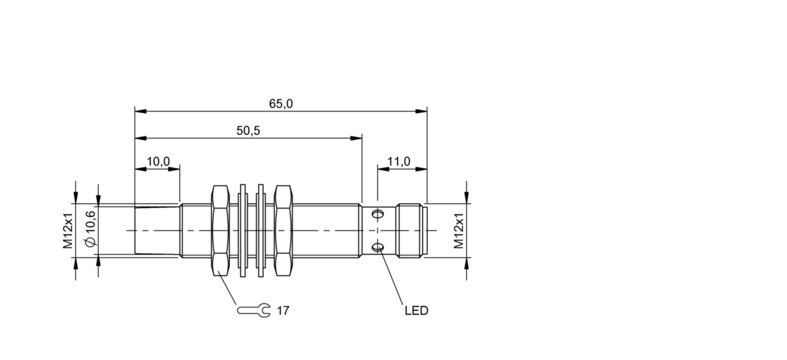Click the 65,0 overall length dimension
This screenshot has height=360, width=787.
coord(281,103)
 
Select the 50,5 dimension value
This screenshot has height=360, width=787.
coord(248,131)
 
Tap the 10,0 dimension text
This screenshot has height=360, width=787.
coord(158,161)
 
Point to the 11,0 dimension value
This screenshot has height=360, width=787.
coord(399,161)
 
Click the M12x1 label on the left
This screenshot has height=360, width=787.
coord(68,230)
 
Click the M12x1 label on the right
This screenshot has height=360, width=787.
coord(459,230)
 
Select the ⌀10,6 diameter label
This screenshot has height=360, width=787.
coord(90,230)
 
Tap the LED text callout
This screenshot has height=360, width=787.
coord(416,311)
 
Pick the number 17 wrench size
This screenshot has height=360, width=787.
coord(283,311)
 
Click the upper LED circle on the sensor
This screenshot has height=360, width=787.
coord(377,215)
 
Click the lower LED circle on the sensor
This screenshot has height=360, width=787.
coord(377,246)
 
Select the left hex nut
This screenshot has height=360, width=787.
coord(220,230)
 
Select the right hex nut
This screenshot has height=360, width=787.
coord(283,230)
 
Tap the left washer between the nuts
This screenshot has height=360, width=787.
coord(244,230)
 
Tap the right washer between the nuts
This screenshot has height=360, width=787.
coord(261,230)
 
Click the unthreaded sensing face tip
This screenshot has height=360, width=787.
coord(157,230)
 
